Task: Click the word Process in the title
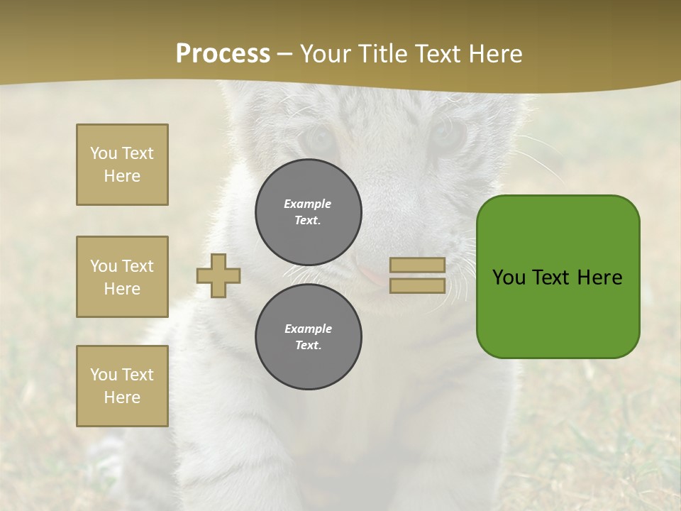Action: [223, 54]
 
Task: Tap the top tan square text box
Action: [122, 165]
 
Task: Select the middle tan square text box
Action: [122, 277]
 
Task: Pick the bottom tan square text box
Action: [122, 386]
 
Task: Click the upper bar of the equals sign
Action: [417, 265]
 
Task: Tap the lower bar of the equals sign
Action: [417, 286]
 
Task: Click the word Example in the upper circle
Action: [308, 204]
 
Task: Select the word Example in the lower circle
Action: [308, 329]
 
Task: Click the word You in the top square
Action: [103, 153]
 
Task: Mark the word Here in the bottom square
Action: [122, 397]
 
